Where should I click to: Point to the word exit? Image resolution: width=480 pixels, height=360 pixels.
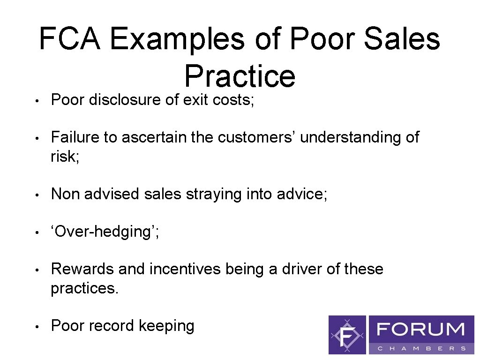click(x=193, y=100)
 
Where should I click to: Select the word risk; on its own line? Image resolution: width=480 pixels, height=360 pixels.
click(x=65, y=157)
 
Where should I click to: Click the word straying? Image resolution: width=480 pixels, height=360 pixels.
click(x=214, y=194)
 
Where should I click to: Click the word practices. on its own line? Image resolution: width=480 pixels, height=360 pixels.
click(x=85, y=288)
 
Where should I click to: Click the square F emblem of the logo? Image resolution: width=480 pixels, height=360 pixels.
click(x=347, y=335)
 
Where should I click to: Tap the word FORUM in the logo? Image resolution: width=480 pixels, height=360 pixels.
click(x=421, y=329)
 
